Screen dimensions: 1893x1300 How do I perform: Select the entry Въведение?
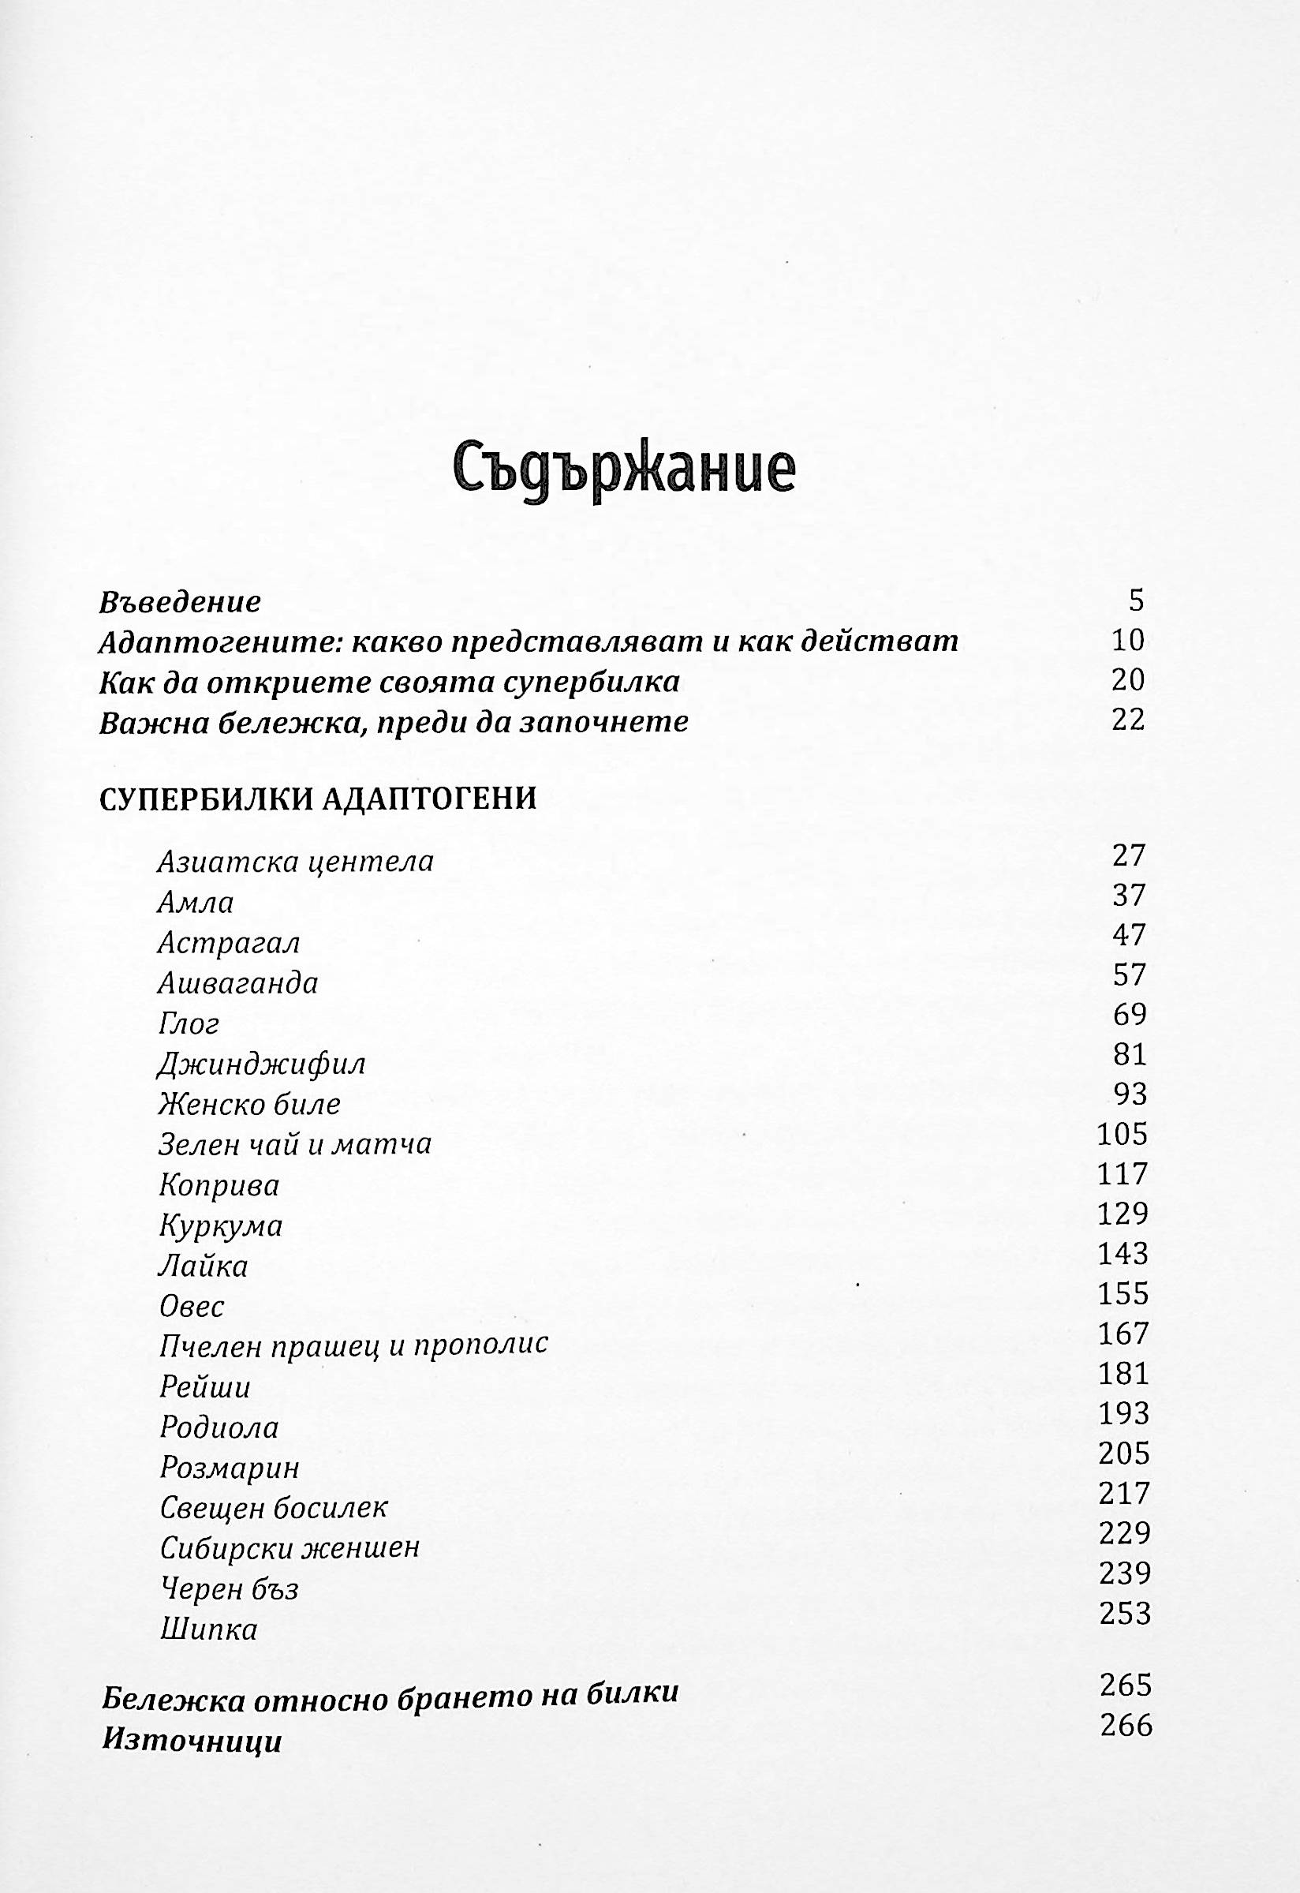click(180, 603)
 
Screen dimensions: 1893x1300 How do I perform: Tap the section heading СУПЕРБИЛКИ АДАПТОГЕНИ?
click(318, 799)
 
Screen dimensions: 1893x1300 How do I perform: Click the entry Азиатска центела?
click(295, 862)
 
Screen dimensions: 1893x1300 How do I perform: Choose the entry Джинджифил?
click(261, 1065)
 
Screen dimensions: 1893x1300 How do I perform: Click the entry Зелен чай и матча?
click(295, 1145)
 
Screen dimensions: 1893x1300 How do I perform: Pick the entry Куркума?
click(221, 1227)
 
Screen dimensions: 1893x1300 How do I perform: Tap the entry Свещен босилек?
click(274, 1508)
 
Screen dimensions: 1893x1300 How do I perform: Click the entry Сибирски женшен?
click(290, 1547)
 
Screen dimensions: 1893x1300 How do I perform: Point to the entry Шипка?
click(208, 1629)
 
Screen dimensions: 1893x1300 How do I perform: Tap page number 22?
click(1128, 719)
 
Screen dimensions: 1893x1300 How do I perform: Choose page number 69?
click(1129, 1015)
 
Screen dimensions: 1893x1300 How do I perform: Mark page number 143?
click(1123, 1255)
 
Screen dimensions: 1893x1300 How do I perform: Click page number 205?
click(1124, 1454)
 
